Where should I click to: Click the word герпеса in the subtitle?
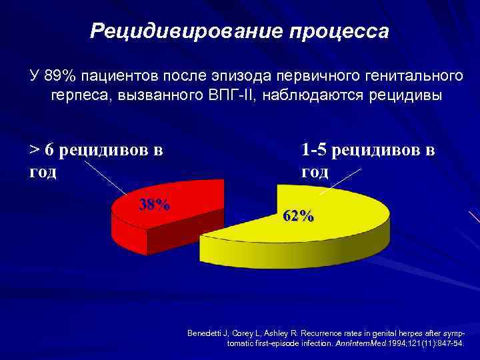coord(81,94)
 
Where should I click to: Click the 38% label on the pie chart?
coord(153,204)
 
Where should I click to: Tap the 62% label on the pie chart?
coord(299,216)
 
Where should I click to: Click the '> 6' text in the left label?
coord(41,149)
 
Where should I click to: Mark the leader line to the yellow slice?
coord(340,181)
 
